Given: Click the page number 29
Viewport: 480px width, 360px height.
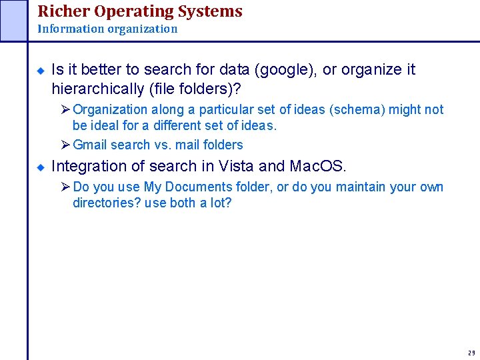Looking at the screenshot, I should [x=471, y=353].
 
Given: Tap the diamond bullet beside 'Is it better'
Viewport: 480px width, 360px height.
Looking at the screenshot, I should [x=40, y=70].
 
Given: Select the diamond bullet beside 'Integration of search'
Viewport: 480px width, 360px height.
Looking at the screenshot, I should [x=40, y=167].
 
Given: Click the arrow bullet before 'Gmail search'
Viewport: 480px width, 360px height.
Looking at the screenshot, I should [x=65, y=145].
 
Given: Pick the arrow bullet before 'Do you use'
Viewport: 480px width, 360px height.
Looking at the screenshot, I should [x=65, y=187].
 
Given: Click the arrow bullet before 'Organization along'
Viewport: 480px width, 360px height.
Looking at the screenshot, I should [x=65, y=109].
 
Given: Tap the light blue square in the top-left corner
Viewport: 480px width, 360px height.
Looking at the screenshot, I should [x=14, y=20].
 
